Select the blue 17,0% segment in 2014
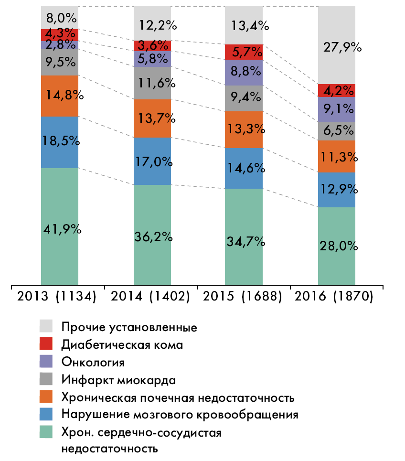coord(152,161)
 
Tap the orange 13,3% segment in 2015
coord(244,129)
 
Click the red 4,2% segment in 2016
coord(337,90)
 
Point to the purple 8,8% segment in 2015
coord(244,72)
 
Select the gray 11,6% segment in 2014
coord(152,83)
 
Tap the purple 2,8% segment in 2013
coord(60,45)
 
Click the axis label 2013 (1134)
coord(57,297)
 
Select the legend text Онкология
coord(93,362)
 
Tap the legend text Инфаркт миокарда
coord(119,380)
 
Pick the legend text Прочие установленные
coord(129,327)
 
